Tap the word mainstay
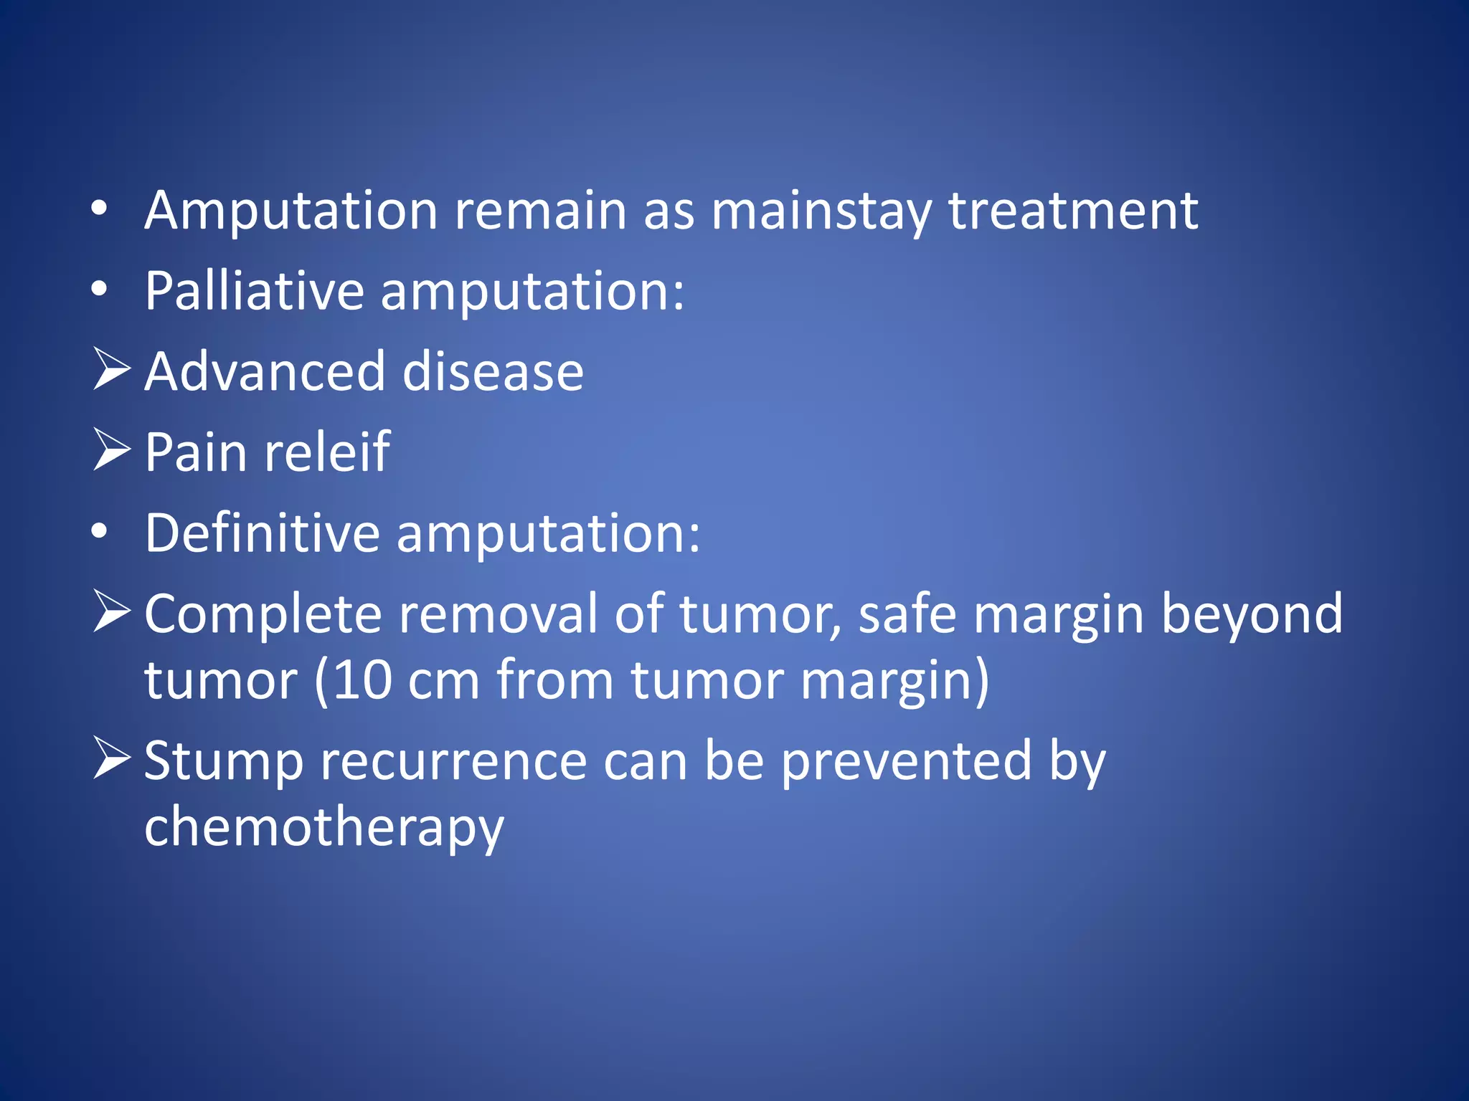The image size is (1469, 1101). [821, 212]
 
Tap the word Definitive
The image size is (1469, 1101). [262, 533]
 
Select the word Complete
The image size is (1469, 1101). [263, 614]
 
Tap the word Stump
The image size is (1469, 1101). [224, 762]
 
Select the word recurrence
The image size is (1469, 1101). [453, 761]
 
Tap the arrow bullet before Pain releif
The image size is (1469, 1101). [112, 450]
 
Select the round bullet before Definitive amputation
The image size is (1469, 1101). [100, 532]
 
